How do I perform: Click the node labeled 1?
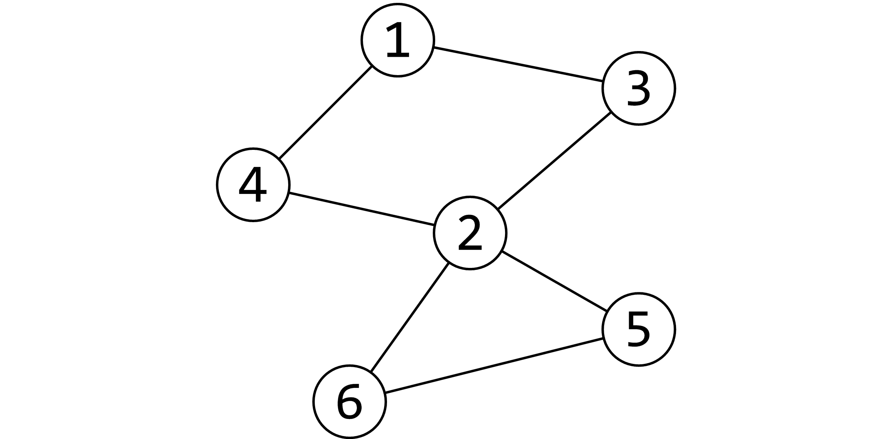tap(398, 40)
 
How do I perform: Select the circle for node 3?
tap(638, 88)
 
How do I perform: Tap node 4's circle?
tap(253, 185)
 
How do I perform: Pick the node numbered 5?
tap(638, 329)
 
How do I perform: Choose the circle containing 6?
tap(349, 402)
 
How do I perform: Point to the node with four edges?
tap(469, 233)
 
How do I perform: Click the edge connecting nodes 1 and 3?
tap(518, 64)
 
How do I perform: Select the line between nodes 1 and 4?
tap(325, 112)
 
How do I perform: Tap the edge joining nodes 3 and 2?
tap(554, 160)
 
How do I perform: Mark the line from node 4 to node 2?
tap(361, 209)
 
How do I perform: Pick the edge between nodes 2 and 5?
tap(554, 281)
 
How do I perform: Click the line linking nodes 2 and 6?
tap(409, 317)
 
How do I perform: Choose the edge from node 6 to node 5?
tap(494, 365)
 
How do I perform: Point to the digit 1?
tap(398, 40)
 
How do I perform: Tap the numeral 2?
tap(469, 234)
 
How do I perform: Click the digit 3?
tap(638, 88)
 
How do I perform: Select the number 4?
tap(253, 185)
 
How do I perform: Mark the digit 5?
tap(638, 329)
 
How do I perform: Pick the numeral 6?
tap(349, 402)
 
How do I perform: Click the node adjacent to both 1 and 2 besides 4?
tap(638, 88)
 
